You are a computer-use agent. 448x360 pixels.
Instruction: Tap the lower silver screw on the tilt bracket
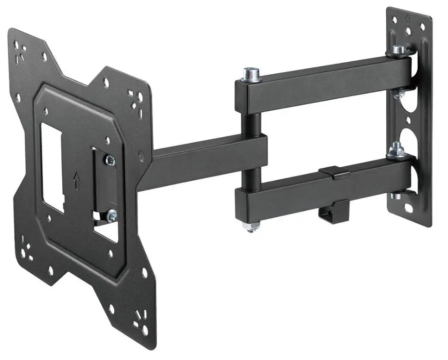click(111, 213)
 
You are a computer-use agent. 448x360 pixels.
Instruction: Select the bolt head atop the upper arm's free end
click(250, 73)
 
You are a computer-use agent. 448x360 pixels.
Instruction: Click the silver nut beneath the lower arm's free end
click(251, 226)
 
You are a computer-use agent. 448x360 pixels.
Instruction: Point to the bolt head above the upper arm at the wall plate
click(397, 50)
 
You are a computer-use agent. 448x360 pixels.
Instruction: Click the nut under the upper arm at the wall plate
click(398, 93)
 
